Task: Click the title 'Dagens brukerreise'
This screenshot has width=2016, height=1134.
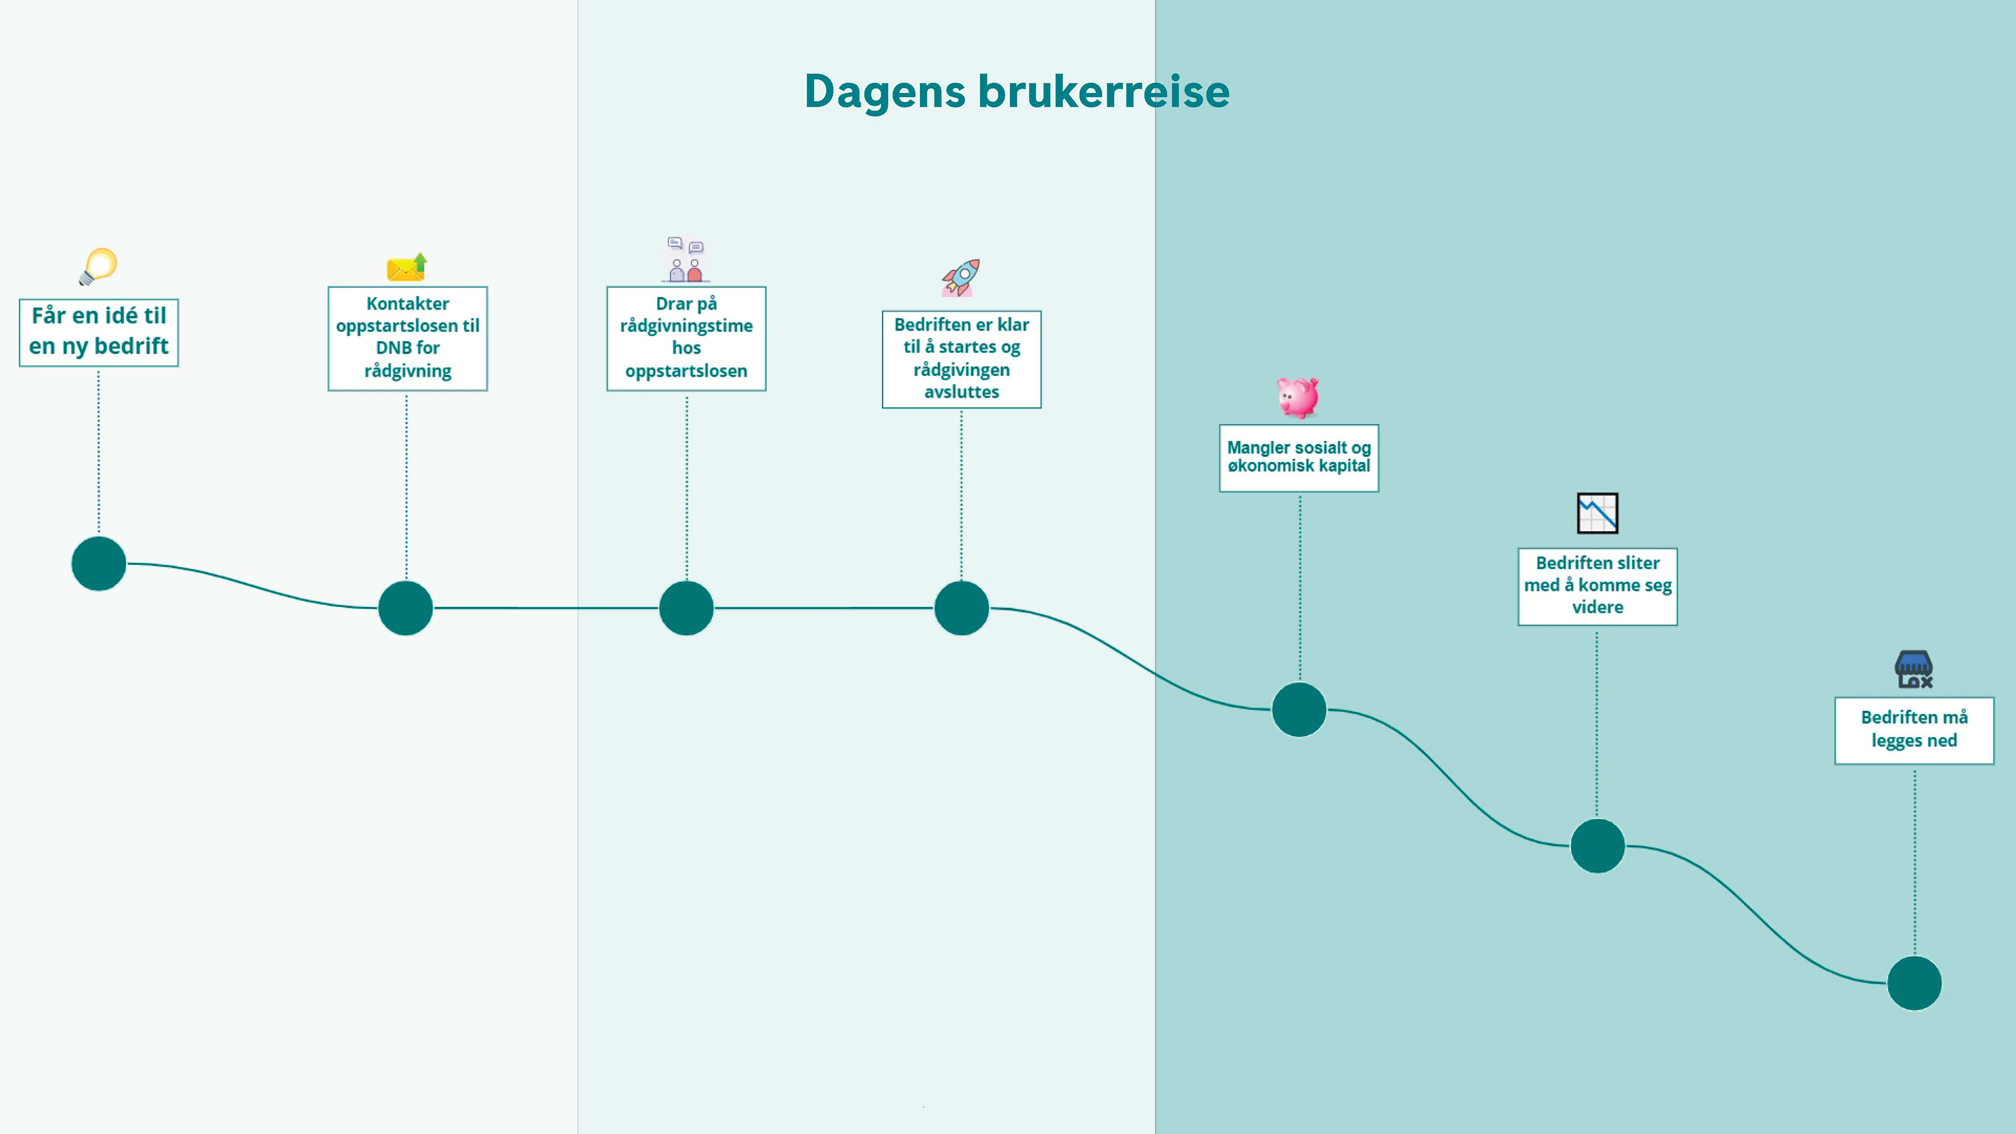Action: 1016,91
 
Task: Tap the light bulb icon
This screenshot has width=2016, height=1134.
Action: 99,266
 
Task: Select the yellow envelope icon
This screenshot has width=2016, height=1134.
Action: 407,268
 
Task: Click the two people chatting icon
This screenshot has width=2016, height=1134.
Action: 686,260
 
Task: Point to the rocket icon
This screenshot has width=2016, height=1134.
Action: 961,278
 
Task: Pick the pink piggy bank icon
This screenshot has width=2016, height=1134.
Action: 1298,397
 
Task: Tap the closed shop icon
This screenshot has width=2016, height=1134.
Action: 1914,670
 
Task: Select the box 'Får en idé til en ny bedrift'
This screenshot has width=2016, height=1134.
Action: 99,332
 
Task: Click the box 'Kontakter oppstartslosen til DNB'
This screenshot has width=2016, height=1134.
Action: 407,338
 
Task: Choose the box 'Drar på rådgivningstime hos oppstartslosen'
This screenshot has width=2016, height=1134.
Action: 686,338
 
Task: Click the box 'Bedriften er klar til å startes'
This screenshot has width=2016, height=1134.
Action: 961,359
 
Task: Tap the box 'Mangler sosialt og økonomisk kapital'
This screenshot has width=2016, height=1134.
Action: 1298,458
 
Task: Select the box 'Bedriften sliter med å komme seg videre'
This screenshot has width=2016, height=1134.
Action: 1597,586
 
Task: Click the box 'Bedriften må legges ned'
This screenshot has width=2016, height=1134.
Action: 1914,730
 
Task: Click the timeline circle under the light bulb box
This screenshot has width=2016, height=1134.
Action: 99,563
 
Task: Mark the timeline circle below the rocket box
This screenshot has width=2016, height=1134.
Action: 961,608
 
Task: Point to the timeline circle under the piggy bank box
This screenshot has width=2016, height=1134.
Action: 1298,710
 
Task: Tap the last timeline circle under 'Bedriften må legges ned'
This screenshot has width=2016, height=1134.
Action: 1914,983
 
